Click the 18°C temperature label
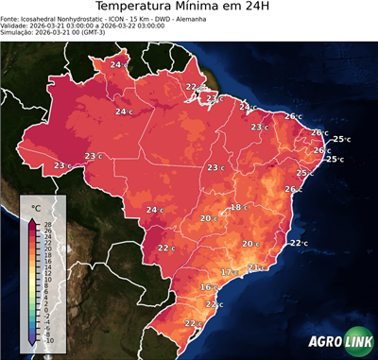239,207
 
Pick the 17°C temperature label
229,272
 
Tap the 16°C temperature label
209,286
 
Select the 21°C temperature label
255,267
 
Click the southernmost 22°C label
193,324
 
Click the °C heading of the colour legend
35,206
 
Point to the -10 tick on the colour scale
48,340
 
